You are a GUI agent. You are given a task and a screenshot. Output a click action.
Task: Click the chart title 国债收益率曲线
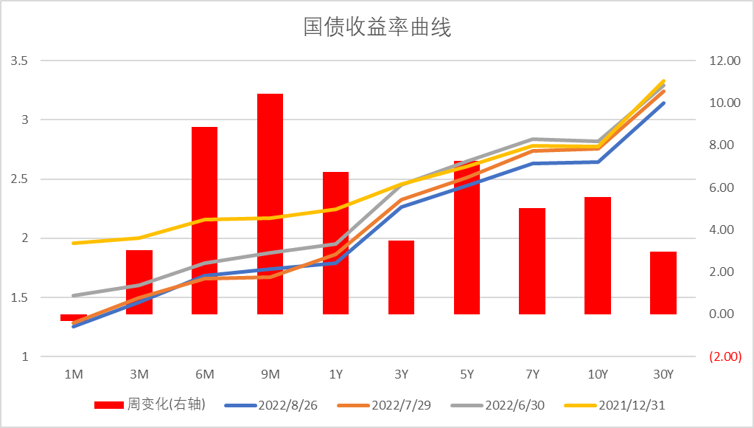tap(377, 28)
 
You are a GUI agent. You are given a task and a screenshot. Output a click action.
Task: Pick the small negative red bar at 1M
tap(73, 317)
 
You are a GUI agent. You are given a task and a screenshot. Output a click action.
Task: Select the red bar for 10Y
tap(597, 255)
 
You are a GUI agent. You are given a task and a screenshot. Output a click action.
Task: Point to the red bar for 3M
tap(139, 282)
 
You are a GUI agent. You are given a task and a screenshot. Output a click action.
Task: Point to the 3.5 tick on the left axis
tap(19, 61)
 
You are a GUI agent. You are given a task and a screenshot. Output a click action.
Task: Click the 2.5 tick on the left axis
tap(19, 179)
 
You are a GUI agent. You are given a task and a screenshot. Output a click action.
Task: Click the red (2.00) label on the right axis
tap(724, 357)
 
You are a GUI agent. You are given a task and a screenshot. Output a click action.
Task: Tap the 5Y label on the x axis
tap(467, 375)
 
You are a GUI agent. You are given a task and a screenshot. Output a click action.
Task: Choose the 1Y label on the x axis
tap(335, 375)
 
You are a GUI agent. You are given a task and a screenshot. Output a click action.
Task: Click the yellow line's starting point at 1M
tap(73, 243)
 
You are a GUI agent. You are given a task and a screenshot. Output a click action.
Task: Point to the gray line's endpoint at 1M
tap(73, 295)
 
